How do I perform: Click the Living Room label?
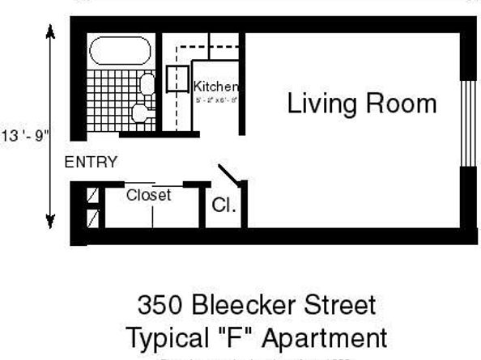[x=361, y=104]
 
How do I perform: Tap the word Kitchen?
[x=215, y=87]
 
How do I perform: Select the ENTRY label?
[x=91, y=162]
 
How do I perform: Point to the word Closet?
[x=148, y=195]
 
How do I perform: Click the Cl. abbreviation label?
[x=224, y=205]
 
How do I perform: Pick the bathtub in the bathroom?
[x=120, y=52]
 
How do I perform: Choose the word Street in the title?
[x=338, y=306]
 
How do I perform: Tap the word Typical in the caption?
[x=168, y=337]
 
